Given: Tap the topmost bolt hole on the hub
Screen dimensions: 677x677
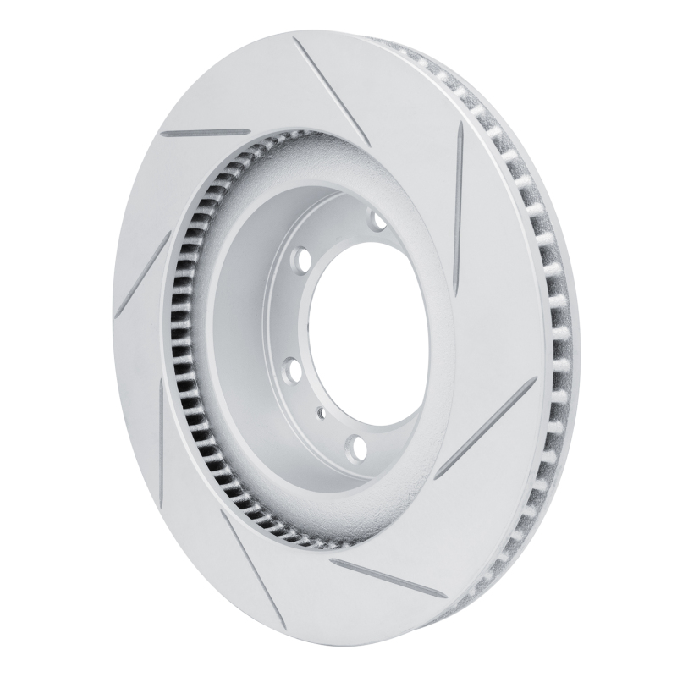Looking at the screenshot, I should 377,222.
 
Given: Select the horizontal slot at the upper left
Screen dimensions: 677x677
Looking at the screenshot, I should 205,133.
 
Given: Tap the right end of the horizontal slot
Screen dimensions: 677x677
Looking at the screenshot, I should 248,131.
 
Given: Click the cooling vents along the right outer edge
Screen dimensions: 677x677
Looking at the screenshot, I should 554,338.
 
